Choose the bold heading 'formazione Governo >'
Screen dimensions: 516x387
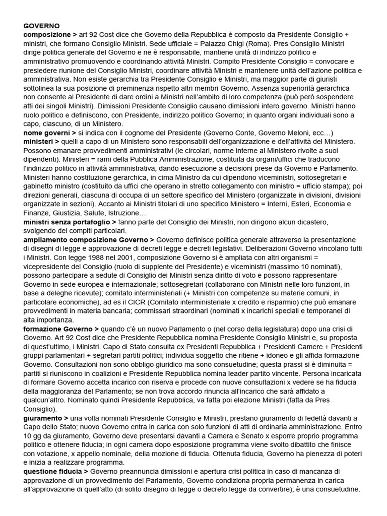click(61, 328)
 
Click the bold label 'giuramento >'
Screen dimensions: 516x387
click(46, 418)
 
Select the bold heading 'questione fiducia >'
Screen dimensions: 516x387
click(56, 471)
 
